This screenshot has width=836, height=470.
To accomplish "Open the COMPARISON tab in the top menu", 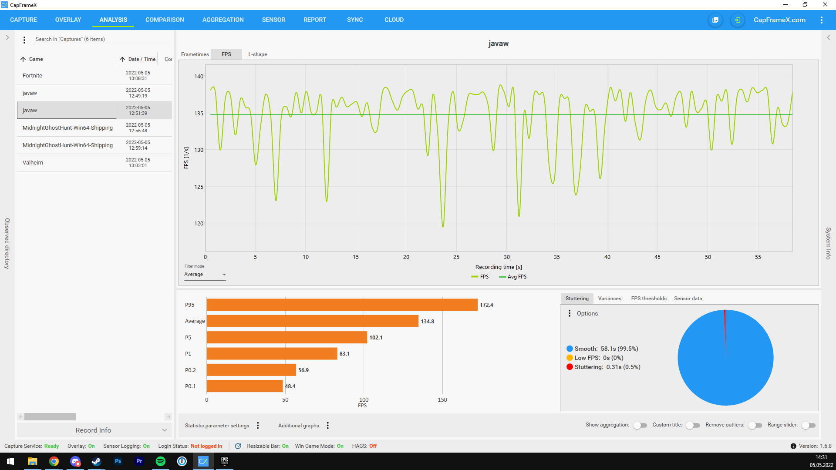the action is pos(165,20).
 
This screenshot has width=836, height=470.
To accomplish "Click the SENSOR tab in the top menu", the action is pos(273,20).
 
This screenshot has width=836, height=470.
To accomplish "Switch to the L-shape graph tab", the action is pos(258,54).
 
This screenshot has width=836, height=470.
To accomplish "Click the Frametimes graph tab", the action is pos(195,54).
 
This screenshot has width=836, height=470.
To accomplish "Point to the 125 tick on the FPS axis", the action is pos(199,187).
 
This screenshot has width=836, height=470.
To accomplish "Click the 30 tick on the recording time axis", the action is pos(507,257).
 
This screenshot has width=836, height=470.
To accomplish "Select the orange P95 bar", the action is pos(342,305).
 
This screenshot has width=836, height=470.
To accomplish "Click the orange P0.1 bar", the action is pos(245,386).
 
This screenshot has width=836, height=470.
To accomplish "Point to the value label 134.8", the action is pos(428,322).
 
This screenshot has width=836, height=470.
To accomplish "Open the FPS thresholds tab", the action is pos(649,299).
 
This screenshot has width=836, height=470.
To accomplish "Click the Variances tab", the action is pos(610,299).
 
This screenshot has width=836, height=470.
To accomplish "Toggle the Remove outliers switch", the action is pos(755,425).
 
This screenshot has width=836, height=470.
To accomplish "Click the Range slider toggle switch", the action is pos(809,425).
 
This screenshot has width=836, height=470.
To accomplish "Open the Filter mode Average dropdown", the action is pos(205,275).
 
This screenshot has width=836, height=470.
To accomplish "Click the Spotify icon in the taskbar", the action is pos(161,461).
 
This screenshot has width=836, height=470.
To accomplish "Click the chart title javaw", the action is pos(499,44).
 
